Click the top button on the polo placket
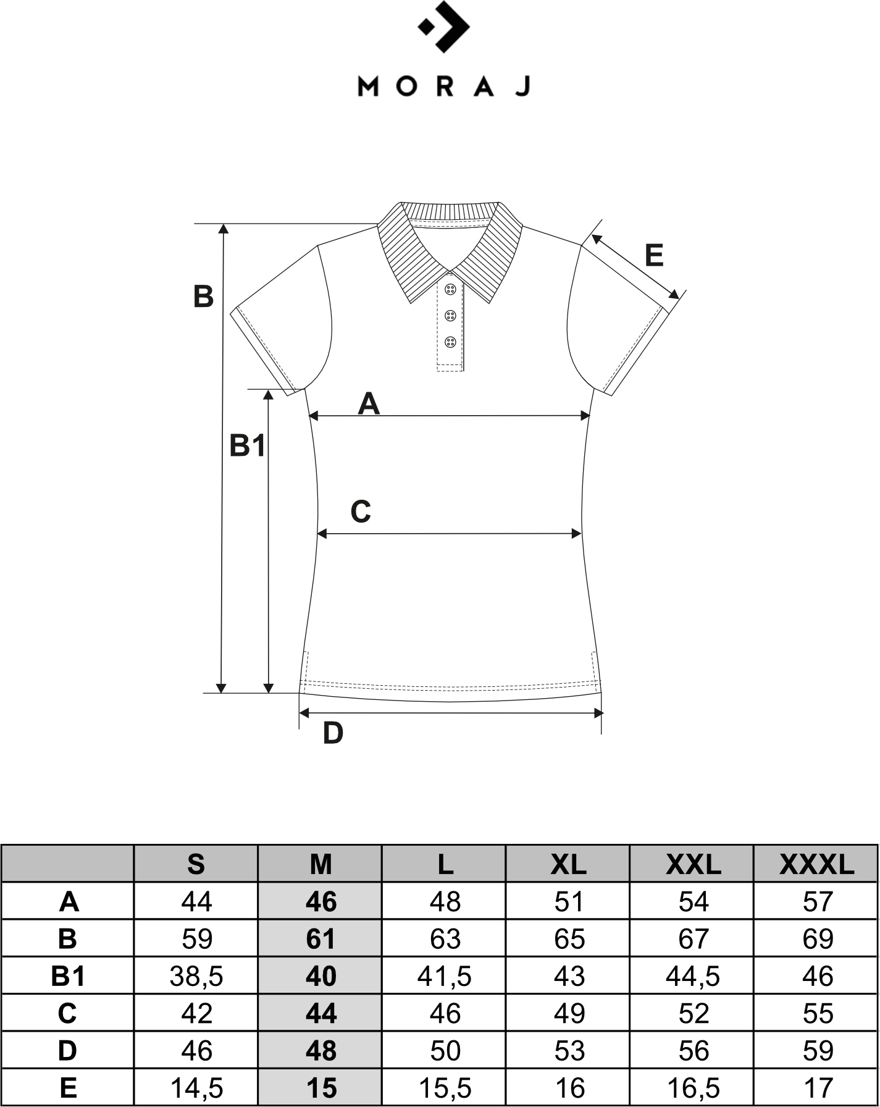[x=450, y=288]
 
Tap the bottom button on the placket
[x=450, y=342]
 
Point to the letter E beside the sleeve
[x=654, y=255]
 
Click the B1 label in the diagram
[x=247, y=445]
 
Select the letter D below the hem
[x=333, y=733]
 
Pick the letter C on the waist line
[x=361, y=511]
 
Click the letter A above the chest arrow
[x=369, y=404]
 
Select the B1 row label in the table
[x=68, y=977]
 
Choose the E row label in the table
[x=68, y=1088]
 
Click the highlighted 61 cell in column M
[x=321, y=939]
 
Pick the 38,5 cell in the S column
[x=196, y=977]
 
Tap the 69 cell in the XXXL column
[x=818, y=939]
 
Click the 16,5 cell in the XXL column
[x=693, y=1088]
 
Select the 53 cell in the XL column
[x=569, y=1051]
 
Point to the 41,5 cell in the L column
[x=445, y=977]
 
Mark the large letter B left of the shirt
[x=203, y=297]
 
